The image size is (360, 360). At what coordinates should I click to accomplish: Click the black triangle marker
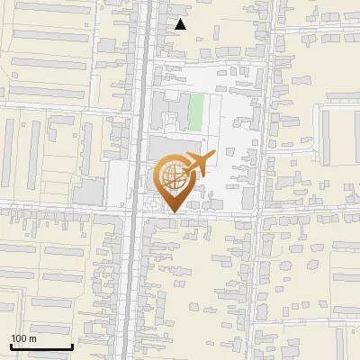coord(181,24)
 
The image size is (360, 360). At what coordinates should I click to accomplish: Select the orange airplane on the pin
coord(196,165)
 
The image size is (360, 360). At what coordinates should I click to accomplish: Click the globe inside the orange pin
coord(172,177)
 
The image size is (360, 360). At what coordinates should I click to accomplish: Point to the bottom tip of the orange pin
coord(172,212)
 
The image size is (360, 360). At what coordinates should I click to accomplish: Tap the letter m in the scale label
coord(33,338)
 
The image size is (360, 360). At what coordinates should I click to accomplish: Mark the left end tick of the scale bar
coord(11,346)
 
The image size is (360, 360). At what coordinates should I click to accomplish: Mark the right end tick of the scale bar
coord(72,346)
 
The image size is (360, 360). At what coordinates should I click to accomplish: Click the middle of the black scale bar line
coord(41,347)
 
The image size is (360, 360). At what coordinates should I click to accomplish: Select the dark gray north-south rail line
coord(142,270)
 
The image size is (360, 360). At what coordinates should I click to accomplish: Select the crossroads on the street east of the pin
coord(261,215)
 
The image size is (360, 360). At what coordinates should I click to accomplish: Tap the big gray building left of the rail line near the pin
coord(89,191)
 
